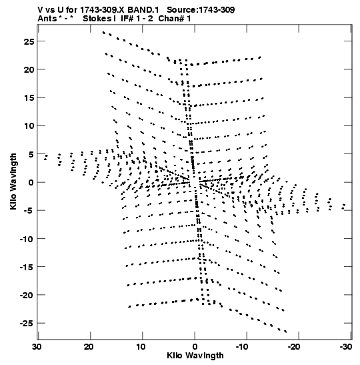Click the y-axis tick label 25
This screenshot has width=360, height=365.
tap(29, 41)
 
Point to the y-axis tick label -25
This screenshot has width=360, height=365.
tap(27, 324)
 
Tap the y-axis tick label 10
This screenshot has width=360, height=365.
tap(29, 126)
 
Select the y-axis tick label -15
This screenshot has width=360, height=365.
tap(27, 267)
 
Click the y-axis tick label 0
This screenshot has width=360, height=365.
tap(31, 183)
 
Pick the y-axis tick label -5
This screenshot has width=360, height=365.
tap(29, 211)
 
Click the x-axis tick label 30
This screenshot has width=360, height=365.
tap(37, 347)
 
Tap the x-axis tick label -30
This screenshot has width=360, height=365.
tap(346, 347)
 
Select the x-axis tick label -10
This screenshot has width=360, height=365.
tap(242, 347)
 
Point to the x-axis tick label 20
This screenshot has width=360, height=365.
tap(89, 347)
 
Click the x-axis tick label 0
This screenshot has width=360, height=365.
tap(195, 347)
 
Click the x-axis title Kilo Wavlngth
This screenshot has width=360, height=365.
tap(195, 356)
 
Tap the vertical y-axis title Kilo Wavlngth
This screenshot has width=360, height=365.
tap(13, 181)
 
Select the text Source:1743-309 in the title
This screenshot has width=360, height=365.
tap(201, 10)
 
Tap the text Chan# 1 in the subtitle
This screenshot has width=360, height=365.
tap(175, 19)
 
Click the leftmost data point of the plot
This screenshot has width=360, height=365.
tap(45, 159)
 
